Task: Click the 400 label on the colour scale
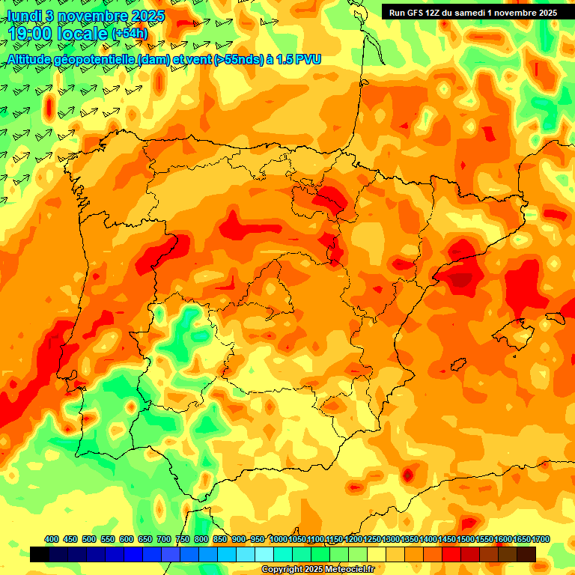pos(52,539)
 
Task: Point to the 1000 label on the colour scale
pos(279,539)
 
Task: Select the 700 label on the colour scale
pos(164,539)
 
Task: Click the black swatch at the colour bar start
pos(40,555)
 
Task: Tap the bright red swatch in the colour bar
pos(451,555)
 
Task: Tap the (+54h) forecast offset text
pos(130,34)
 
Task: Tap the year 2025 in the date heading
pos(142,16)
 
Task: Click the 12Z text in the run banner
pos(437,13)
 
